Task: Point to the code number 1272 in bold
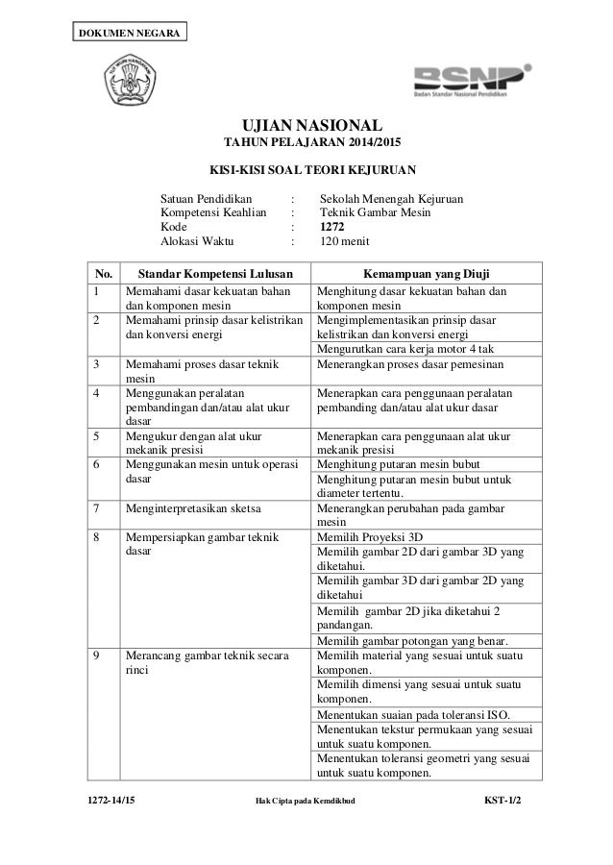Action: pyautogui.click(x=334, y=227)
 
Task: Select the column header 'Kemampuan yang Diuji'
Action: pyautogui.click(x=428, y=271)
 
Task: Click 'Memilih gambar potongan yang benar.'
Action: pyautogui.click(x=412, y=641)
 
